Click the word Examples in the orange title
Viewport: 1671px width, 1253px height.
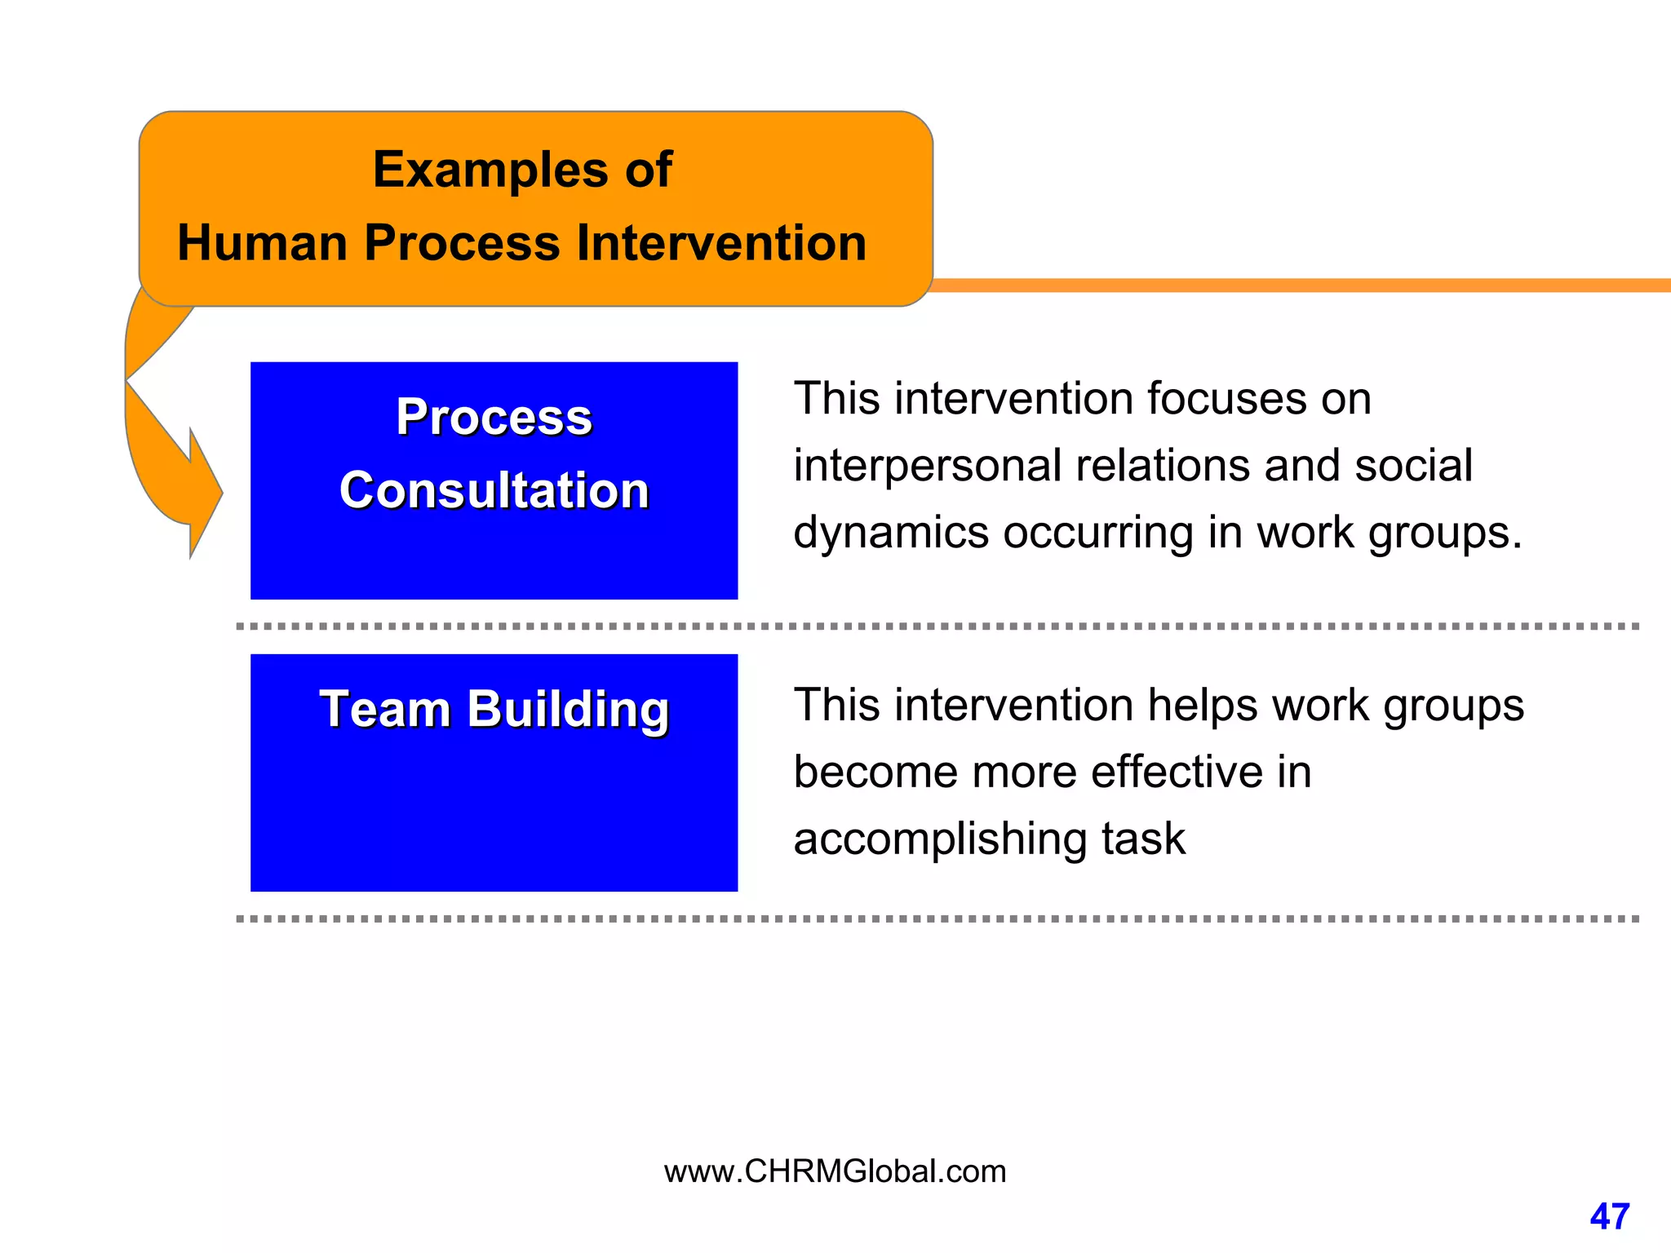490,170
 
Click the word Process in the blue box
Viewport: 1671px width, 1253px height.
494,418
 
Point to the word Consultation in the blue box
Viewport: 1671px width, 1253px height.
494,491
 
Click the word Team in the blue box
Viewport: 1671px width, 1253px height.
384,709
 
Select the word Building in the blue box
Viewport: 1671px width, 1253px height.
568,711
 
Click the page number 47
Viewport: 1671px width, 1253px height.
1609,1216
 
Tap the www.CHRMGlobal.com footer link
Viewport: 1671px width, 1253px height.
835,1171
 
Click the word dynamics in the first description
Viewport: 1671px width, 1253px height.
890,534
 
